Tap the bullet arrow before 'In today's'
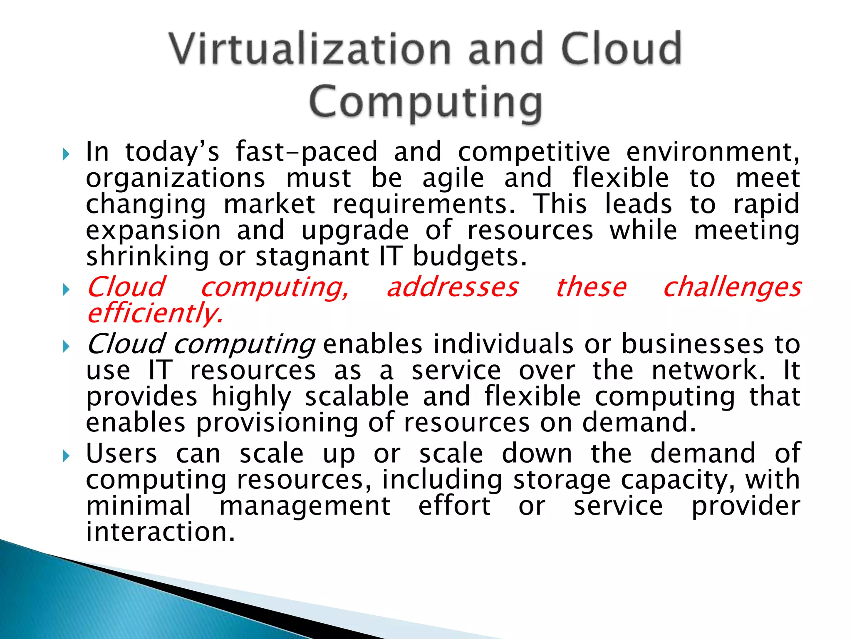[65, 155]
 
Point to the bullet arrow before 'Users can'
[65, 456]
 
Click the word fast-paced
[307, 151]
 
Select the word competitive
[534, 151]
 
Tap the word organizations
[175, 178]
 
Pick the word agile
[453, 179]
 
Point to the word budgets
[469, 257]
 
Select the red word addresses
[453, 287]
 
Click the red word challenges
[732, 288]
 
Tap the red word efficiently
[155, 314]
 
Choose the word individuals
[503, 344]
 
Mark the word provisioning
[277, 423]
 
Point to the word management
[305, 506]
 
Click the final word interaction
[160, 532]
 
